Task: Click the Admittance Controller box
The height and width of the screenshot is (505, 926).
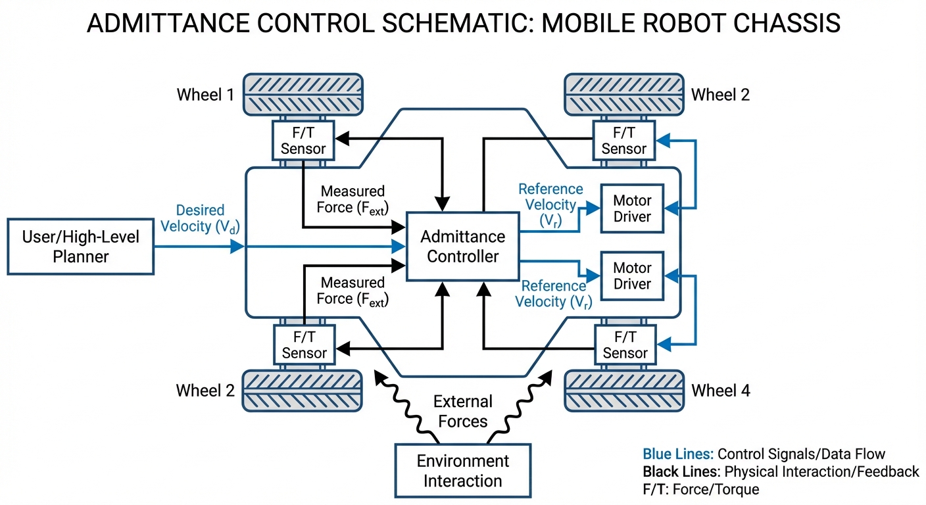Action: click(462, 247)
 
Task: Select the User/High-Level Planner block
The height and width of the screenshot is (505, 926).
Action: click(81, 247)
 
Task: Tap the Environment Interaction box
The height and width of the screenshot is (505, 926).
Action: click(462, 471)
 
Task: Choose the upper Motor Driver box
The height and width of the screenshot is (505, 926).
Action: click(631, 208)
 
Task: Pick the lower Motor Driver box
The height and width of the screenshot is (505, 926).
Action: click(631, 276)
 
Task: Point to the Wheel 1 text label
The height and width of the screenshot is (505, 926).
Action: click(205, 95)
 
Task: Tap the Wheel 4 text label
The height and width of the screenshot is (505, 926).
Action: click(720, 391)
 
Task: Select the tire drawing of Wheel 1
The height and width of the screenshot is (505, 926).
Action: click(303, 94)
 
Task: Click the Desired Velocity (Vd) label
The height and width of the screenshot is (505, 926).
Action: click(200, 219)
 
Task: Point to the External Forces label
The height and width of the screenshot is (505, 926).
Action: click(462, 411)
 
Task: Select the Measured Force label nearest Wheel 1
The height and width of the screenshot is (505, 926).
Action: click(353, 199)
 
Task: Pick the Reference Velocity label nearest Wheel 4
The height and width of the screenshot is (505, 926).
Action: click(554, 294)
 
